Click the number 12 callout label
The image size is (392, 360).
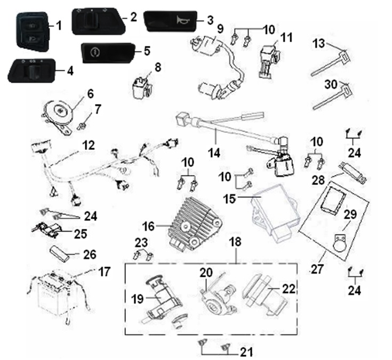(x=88, y=145)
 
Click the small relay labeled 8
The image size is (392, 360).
(x=141, y=86)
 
